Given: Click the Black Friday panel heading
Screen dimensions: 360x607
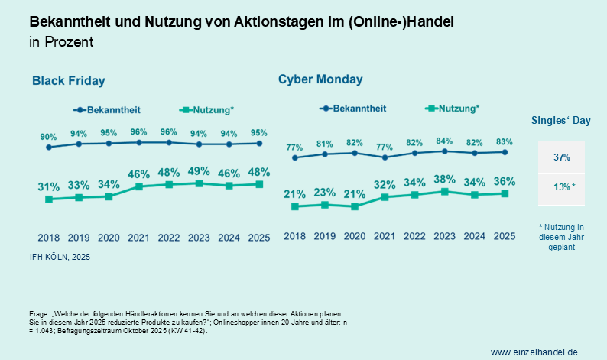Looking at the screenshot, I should [68, 80].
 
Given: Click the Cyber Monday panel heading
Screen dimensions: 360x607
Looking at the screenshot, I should [320, 79].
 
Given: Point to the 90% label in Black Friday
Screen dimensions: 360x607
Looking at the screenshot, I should [48, 136].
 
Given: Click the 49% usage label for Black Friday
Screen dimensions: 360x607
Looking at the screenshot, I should [199, 171].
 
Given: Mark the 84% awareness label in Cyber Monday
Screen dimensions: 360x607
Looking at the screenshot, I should [444, 141].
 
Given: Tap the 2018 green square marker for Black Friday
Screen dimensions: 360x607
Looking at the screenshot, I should [48, 199].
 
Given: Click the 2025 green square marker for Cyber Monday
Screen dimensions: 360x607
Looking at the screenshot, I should [504, 193].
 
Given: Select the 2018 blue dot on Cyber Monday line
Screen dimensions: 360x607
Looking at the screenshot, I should [295, 157].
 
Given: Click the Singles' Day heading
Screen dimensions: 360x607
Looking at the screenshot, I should [560, 121].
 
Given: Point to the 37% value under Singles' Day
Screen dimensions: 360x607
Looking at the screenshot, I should [562, 157].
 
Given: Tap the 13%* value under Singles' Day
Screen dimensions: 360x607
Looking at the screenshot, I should [563, 187].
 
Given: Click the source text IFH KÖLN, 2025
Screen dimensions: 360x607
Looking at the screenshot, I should [60, 257].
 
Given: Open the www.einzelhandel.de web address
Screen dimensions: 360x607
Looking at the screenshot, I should [534, 351].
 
